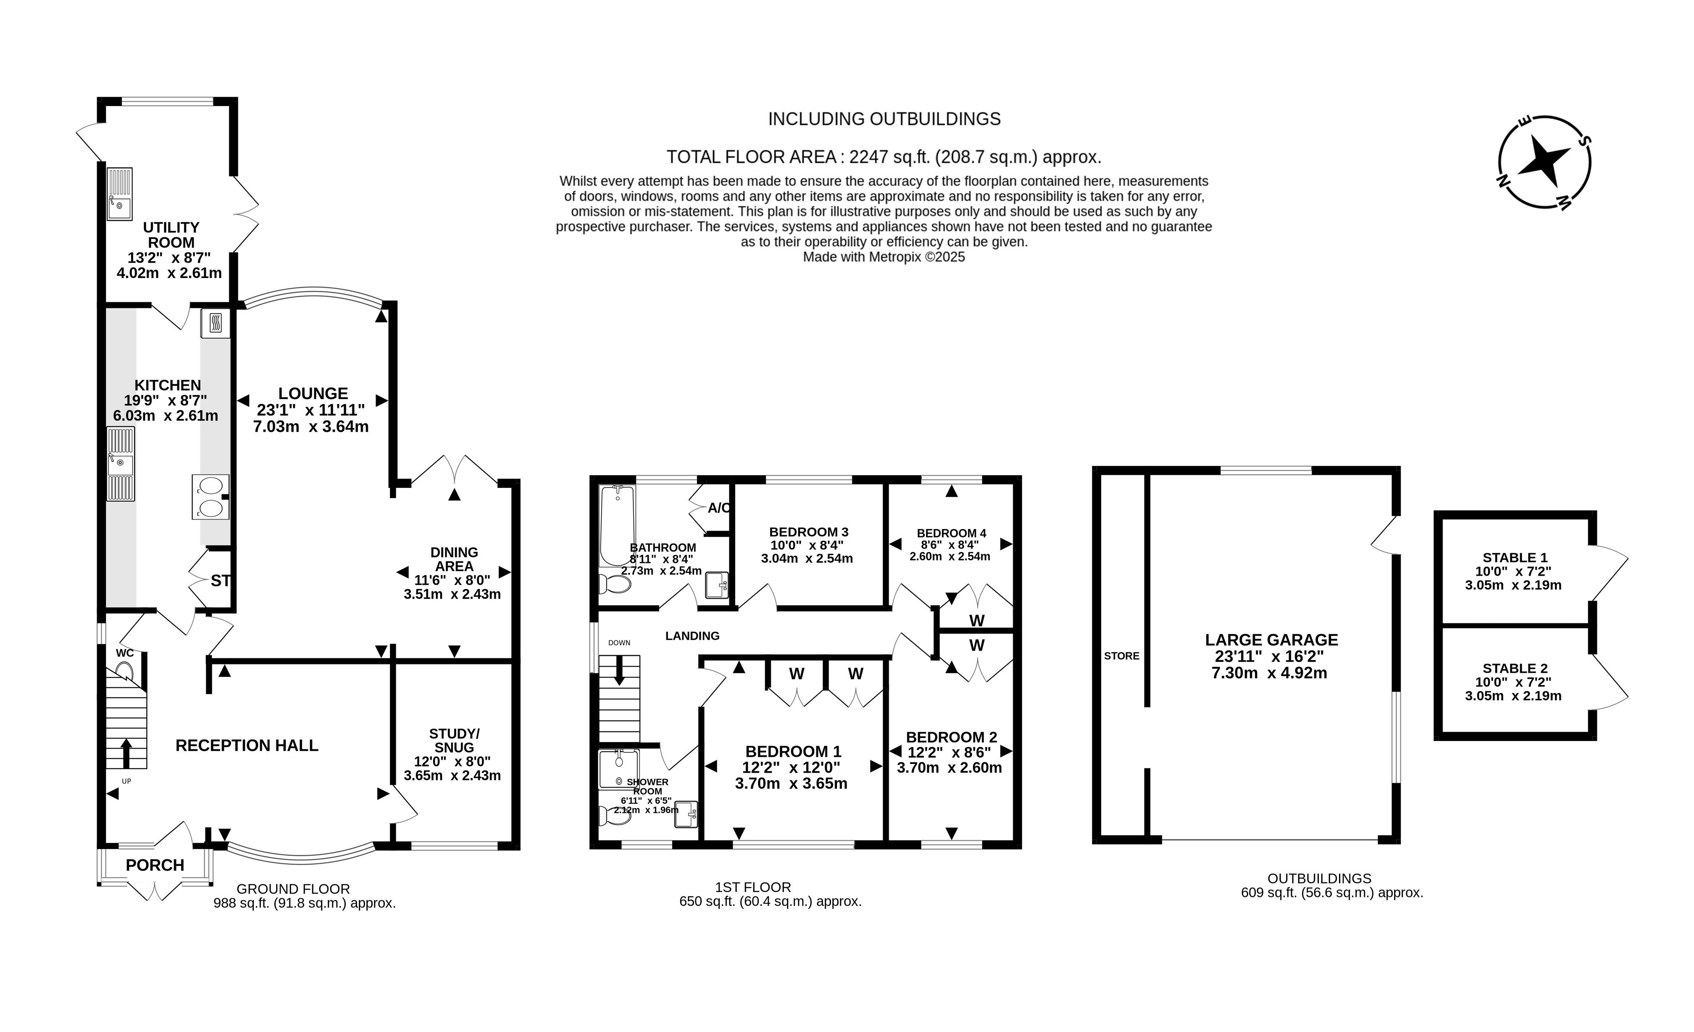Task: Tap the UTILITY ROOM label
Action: pyautogui.click(x=171, y=235)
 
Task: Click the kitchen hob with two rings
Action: pyautogui.click(x=210, y=497)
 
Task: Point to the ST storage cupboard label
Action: pyautogui.click(x=220, y=581)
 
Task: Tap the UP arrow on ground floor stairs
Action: pyautogui.click(x=126, y=753)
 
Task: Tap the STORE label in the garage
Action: pyautogui.click(x=1121, y=656)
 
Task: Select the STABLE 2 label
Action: pyautogui.click(x=1515, y=668)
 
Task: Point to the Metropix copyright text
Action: pyautogui.click(x=884, y=257)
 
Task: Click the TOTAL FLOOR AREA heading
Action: pyautogui.click(x=884, y=158)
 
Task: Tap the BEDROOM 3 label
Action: pyautogui.click(x=808, y=532)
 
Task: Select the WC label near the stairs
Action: pyautogui.click(x=124, y=653)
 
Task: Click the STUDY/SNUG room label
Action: pyautogui.click(x=454, y=740)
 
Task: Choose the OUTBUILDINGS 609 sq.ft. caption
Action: pyautogui.click(x=1332, y=886)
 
